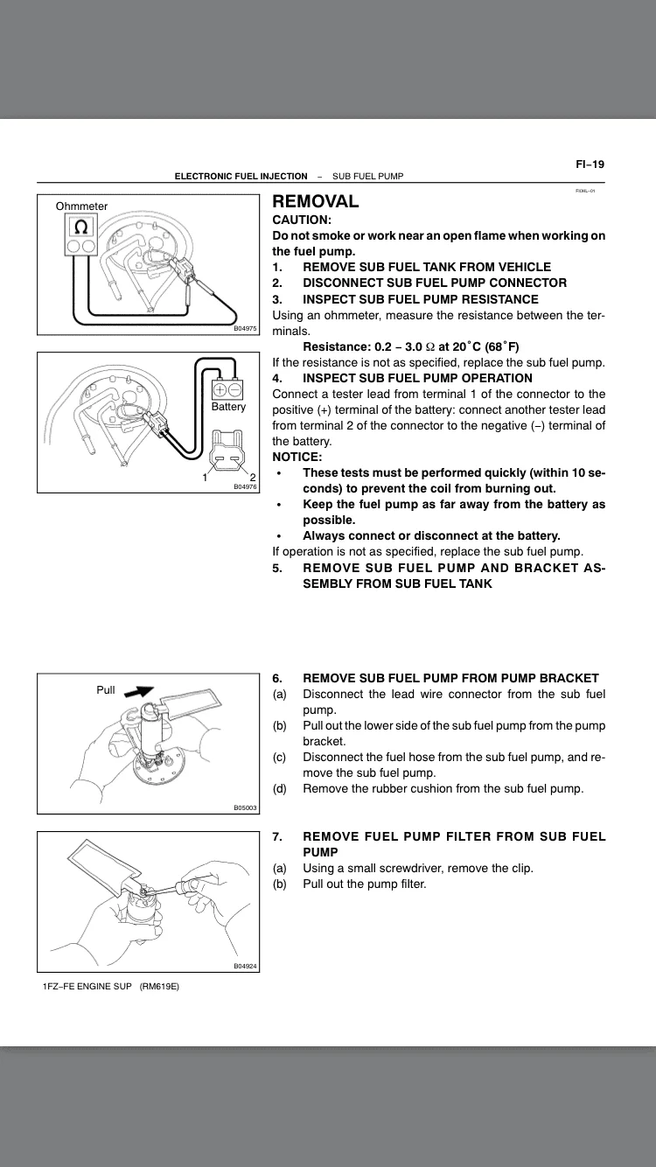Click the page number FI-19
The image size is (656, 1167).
tap(590, 164)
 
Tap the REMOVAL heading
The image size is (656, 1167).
tap(316, 201)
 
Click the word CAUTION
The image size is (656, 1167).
tap(301, 220)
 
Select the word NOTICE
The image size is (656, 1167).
tap(297, 457)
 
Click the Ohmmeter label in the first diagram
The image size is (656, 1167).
tap(81, 206)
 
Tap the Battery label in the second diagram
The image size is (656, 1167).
tap(228, 407)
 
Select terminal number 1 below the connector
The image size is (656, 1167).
tap(205, 477)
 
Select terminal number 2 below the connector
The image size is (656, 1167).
tap(252, 477)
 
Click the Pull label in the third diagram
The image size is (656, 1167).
tap(106, 690)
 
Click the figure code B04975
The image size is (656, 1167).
tap(245, 329)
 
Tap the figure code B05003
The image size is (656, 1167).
tap(245, 808)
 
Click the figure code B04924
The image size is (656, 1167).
tap(245, 966)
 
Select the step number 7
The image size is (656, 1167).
tap(276, 837)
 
